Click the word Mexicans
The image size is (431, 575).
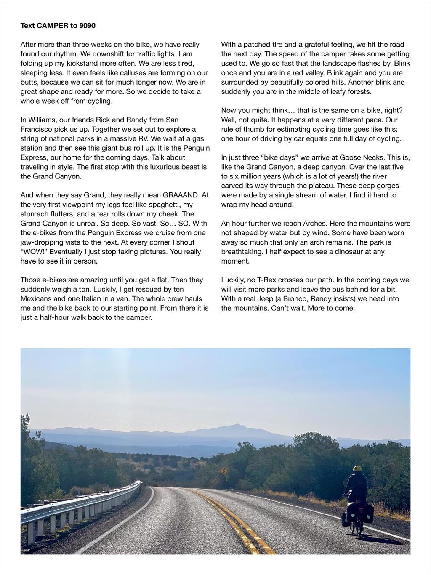(38, 299)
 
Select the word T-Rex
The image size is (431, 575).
(265, 280)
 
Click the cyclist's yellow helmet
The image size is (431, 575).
(357, 469)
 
